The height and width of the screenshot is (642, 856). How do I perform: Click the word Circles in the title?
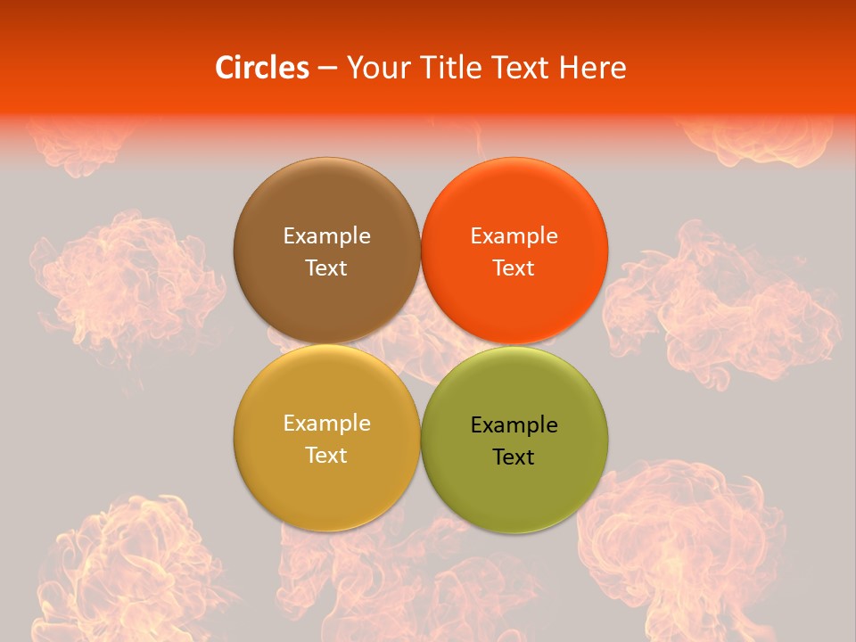pos(262,68)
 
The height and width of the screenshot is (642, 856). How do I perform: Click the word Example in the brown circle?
pos(326,236)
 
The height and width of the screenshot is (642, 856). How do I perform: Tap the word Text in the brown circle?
pos(326,268)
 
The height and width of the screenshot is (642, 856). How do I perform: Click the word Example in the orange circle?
pos(514,236)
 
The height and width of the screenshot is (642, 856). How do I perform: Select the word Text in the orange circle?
pos(514,268)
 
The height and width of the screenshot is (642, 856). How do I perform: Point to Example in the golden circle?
pos(326,424)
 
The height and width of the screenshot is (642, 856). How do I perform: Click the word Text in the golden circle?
pos(326,456)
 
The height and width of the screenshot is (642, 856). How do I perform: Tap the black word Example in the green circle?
pos(514,425)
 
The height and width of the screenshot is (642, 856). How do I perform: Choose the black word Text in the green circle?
pos(514,457)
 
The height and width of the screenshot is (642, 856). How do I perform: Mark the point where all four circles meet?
pos(420,344)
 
